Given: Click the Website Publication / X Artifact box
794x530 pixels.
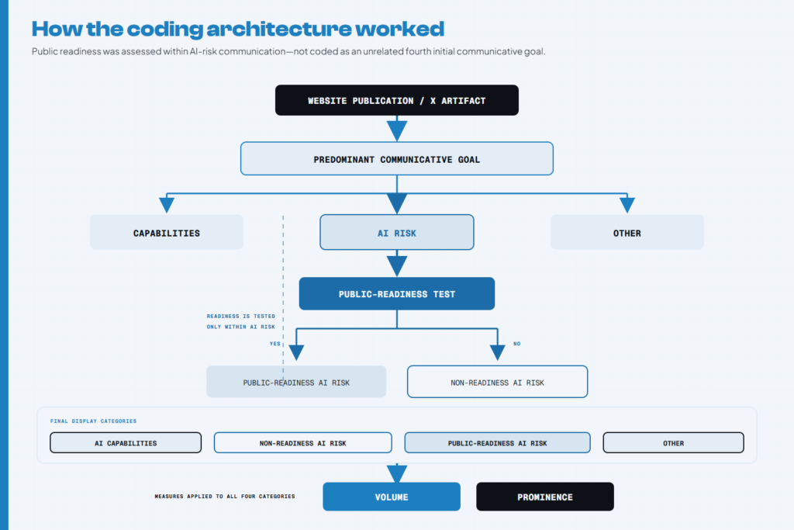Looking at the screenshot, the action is (x=396, y=100).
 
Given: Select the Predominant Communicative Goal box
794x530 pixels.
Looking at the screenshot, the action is (x=396, y=158).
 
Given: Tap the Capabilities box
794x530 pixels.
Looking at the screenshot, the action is (x=167, y=232).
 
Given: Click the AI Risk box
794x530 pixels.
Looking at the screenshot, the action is (x=396, y=232).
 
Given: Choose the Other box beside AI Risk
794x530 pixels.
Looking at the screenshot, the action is (x=627, y=232).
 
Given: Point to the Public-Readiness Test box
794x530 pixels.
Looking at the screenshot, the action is (x=396, y=293).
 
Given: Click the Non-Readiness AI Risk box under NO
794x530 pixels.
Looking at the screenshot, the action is (x=497, y=382).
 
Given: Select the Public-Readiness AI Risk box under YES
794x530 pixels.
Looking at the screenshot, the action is (x=296, y=382).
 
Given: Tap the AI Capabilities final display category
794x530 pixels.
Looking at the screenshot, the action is (x=126, y=442).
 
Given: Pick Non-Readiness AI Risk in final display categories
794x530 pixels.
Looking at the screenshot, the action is (x=303, y=442).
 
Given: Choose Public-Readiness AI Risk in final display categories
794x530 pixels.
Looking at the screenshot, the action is (x=497, y=442).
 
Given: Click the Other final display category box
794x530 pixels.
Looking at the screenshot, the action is (x=674, y=442).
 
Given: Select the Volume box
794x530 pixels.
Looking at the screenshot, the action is (x=392, y=497).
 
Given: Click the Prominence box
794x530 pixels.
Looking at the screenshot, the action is (x=545, y=497).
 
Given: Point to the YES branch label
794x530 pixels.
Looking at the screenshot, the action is (x=275, y=344).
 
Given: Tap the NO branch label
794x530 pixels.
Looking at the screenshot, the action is (x=516, y=344).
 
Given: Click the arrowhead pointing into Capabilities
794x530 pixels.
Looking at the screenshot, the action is (x=167, y=205).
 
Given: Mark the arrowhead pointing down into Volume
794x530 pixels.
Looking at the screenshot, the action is (x=397, y=474).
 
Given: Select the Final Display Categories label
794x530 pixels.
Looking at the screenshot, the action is (x=93, y=421).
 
